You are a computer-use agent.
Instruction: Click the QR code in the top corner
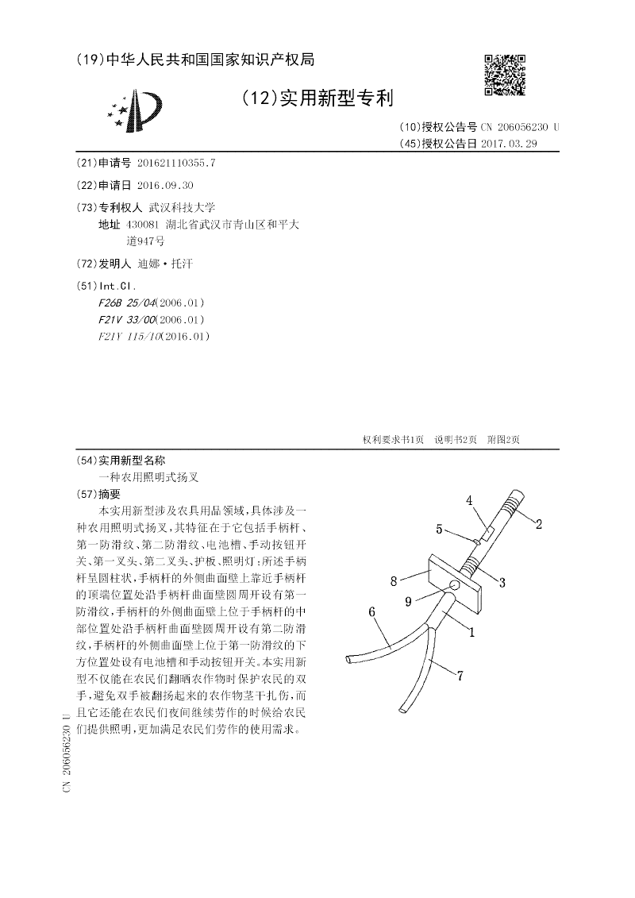click(x=505, y=75)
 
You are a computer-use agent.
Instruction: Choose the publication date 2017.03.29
click(x=510, y=144)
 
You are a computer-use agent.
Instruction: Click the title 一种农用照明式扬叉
click(x=148, y=477)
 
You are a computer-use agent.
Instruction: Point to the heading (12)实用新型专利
click(x=317, y=98)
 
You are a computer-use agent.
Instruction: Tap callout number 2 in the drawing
click(x=538, y=523)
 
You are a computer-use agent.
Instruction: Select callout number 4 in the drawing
click(x=469, y=500)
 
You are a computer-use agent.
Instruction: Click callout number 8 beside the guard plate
click(x=393, y=581)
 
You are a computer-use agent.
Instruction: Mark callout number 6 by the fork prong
click(x=372, y=611)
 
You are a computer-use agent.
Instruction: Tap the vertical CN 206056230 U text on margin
click(x=66, y=753)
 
